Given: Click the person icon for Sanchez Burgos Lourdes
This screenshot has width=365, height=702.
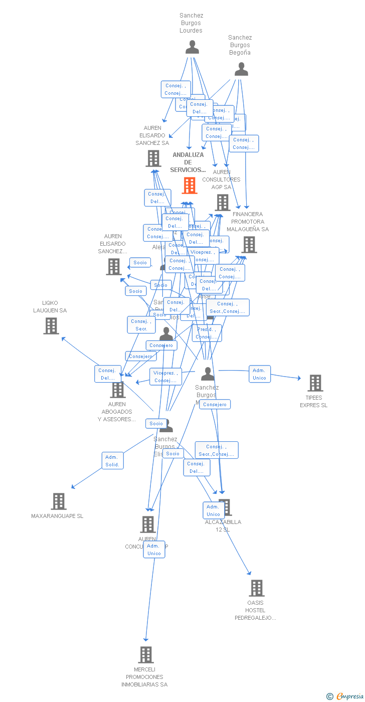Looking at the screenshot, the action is coord(192,47).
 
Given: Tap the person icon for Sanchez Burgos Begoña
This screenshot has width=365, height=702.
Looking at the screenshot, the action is coord(241,69).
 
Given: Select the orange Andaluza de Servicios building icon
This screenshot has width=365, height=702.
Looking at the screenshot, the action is coord(190,186).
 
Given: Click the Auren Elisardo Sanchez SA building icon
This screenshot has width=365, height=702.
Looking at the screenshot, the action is coord(153,158).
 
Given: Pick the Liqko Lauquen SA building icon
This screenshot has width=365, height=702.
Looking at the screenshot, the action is coord(51,326).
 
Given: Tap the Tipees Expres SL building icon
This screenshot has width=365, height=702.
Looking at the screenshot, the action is coord(315,383).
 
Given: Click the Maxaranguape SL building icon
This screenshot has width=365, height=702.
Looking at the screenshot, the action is coord(59,501).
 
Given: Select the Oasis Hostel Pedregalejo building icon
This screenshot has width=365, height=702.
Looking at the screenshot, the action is coord(256,588).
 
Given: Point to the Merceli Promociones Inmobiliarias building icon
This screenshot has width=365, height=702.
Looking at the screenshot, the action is coord(145,654).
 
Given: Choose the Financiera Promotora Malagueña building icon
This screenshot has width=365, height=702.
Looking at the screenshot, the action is coord(249,245).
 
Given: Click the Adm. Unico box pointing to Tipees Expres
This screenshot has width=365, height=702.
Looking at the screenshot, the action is coord(260,374).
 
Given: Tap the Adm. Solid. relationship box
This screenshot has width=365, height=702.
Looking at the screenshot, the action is coord(112,461).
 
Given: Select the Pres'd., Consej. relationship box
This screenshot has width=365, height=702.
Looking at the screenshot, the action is coord(207,333).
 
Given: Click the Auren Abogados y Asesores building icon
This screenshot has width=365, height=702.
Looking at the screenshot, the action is coord(118,390).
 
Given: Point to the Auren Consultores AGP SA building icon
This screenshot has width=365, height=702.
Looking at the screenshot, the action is coord(222,203).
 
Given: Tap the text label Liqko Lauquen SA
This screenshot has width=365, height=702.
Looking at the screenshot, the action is coord(50,306).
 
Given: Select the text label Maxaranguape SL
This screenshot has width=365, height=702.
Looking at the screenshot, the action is coord(57,516).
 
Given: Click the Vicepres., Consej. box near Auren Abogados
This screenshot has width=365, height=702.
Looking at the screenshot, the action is coord(165,377).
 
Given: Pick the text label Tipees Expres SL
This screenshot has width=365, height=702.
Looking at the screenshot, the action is coord(314,402).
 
